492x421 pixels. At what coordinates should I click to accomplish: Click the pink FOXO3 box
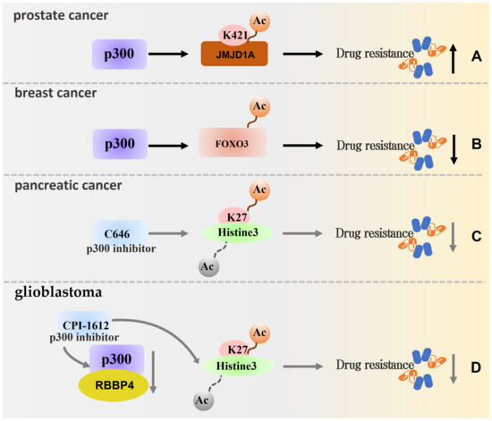pos(233,143)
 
